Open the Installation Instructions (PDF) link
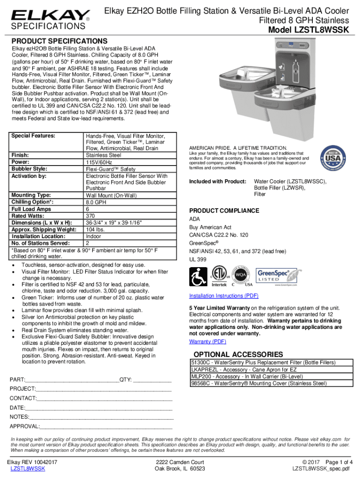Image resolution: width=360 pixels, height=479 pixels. tap(223, 296)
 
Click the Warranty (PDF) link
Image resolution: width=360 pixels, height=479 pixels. tap(208, 341)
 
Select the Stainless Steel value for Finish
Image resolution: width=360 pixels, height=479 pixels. tap(103, 155)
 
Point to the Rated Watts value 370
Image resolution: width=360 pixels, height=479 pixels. tap(91, 216)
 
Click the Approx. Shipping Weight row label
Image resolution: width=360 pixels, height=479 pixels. tap(44, 230)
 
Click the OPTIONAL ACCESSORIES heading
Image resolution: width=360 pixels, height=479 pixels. tap(238, 354)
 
